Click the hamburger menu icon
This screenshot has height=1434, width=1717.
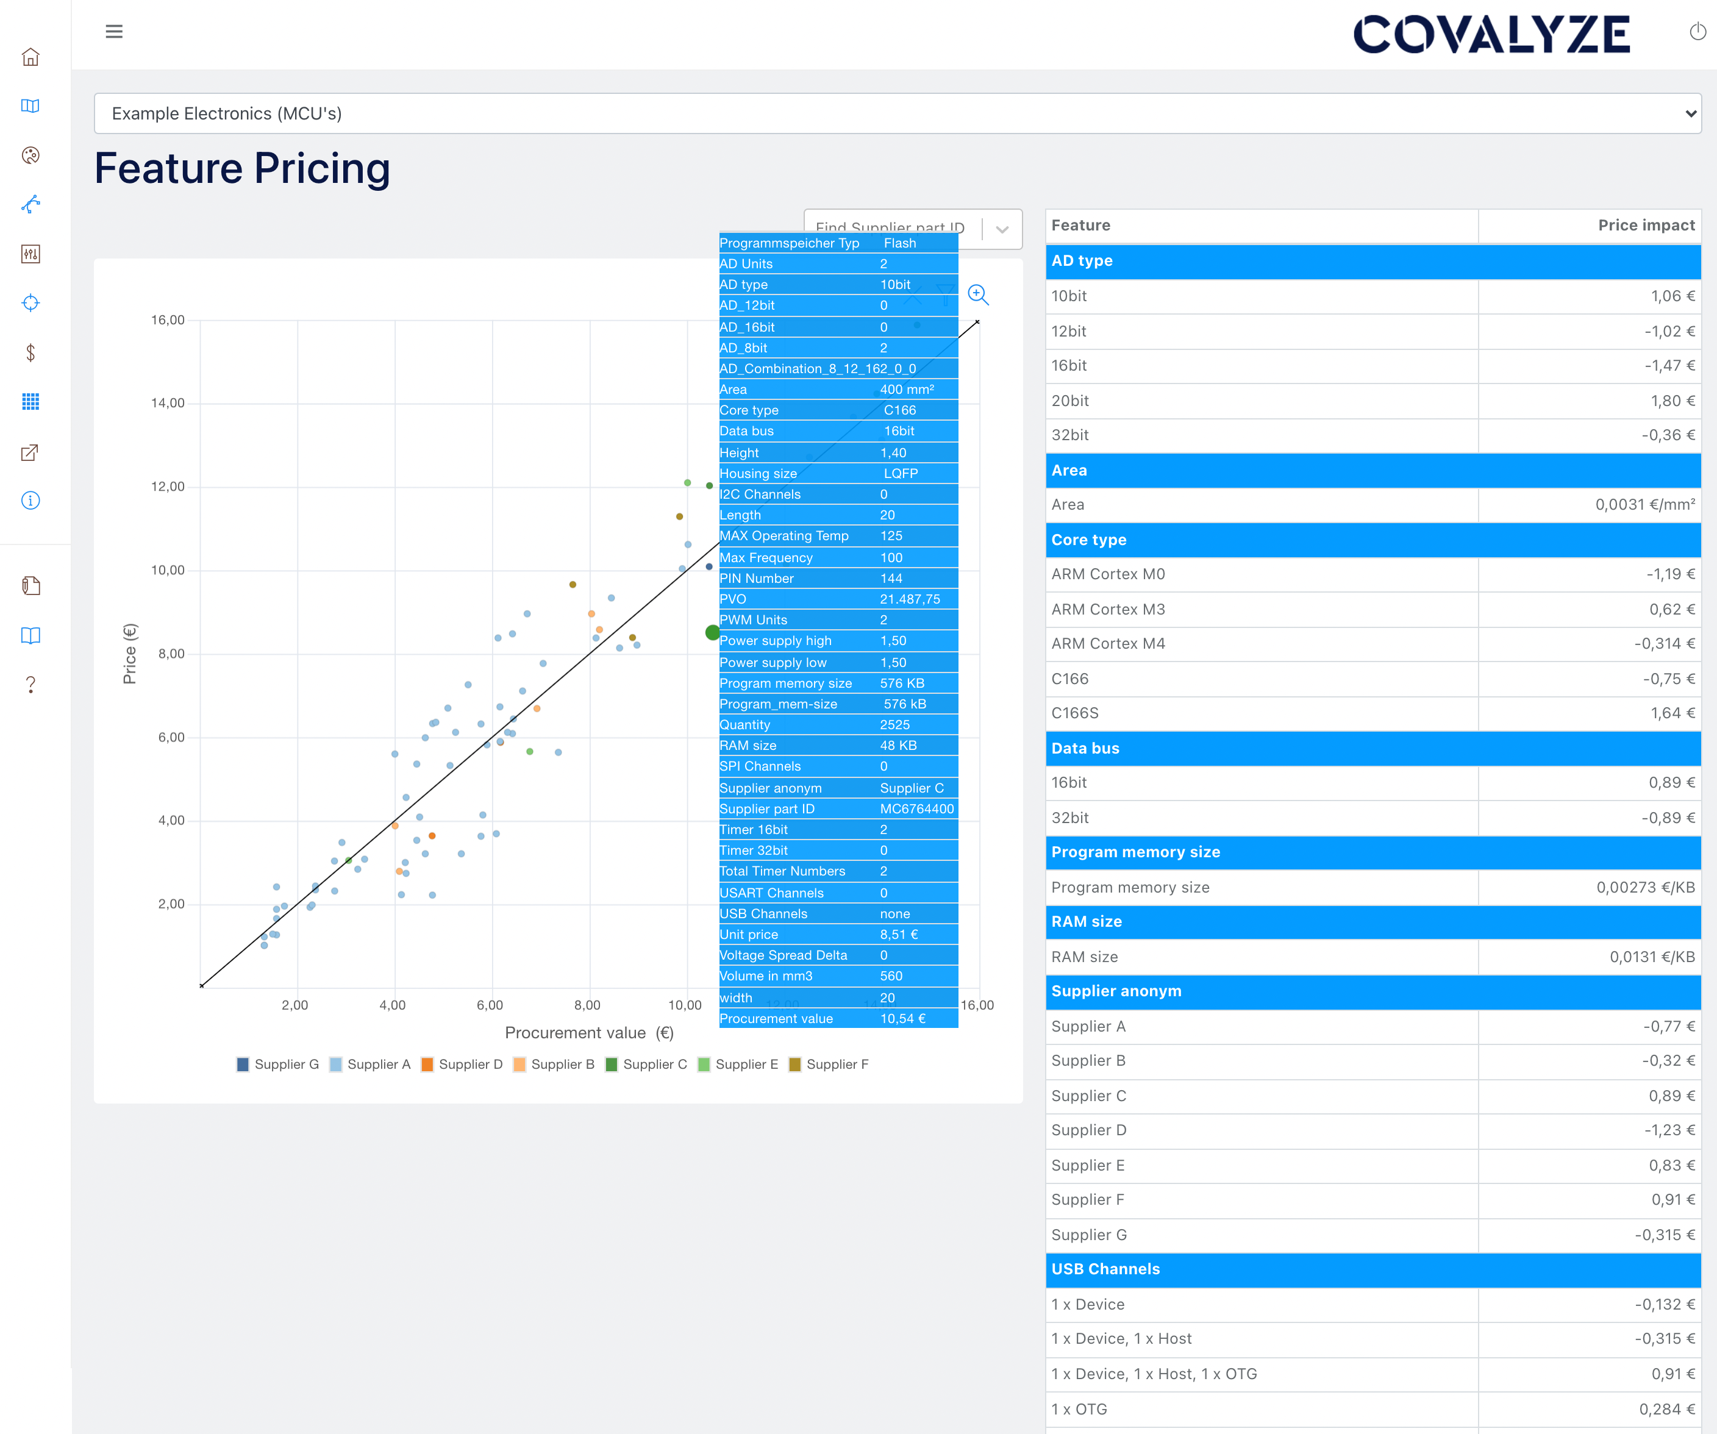[x=113, y=32]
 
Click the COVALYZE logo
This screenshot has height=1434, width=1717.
[x=1491, y=34]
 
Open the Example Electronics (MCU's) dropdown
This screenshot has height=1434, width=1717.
[x=897, y=113]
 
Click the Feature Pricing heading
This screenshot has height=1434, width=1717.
[x=242, y=168]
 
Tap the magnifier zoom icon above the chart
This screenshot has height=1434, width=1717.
[x=978, y=294]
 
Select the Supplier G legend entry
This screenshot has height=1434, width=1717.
[x=278, y=1064]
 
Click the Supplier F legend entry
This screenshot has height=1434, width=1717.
[x=829, y=1064]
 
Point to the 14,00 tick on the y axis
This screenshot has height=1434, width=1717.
[x=168, y=403]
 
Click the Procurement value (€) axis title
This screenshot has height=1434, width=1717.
[x=588, y=1033]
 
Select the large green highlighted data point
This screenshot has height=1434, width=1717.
[x=712, y=632]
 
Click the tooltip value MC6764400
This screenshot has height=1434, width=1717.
[x=916, y=808]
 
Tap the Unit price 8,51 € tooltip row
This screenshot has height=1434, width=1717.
[x=837, y=935]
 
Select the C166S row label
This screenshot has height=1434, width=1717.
[x=1074, y=713]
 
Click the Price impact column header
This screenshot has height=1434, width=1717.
[x=1645, y=226]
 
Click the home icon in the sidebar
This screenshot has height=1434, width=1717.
[x=30, y=57]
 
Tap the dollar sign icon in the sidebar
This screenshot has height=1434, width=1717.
[x=30, y=352]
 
